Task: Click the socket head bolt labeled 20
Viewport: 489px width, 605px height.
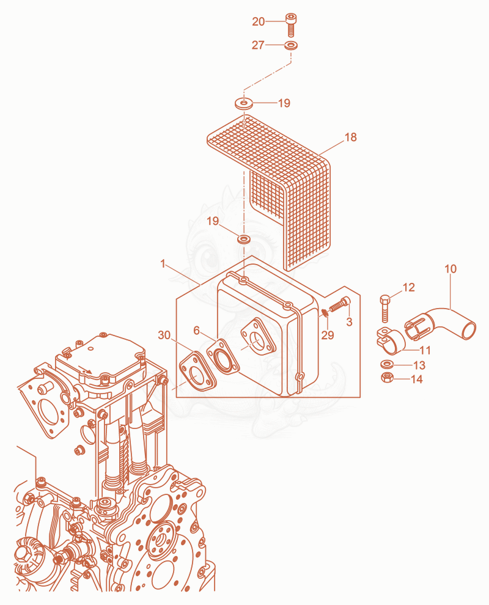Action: (290, 24)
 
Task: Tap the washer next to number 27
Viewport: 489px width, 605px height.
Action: (290, 46)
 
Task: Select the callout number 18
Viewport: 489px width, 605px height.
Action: (350, 137)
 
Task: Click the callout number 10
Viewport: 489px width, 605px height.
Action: (450, 269)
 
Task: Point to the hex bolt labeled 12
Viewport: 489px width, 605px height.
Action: (385, 309)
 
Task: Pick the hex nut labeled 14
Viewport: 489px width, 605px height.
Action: (386, 378)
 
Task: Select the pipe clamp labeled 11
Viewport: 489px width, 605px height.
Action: (391, 340)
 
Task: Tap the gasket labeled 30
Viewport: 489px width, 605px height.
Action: (197, 371)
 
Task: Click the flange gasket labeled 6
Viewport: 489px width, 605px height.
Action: (223, 358)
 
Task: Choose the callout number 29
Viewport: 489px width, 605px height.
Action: (327, 335)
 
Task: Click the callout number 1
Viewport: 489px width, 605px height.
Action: (163, 264)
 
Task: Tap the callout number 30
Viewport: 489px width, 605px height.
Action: (164, 335)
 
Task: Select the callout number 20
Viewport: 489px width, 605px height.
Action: (258, 21)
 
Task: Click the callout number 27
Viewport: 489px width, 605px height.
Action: (258, 45)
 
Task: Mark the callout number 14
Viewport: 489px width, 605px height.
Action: (416, 379)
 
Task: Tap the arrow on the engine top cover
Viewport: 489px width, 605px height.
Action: (85, 369)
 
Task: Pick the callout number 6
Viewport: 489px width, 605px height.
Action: (196, 331)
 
